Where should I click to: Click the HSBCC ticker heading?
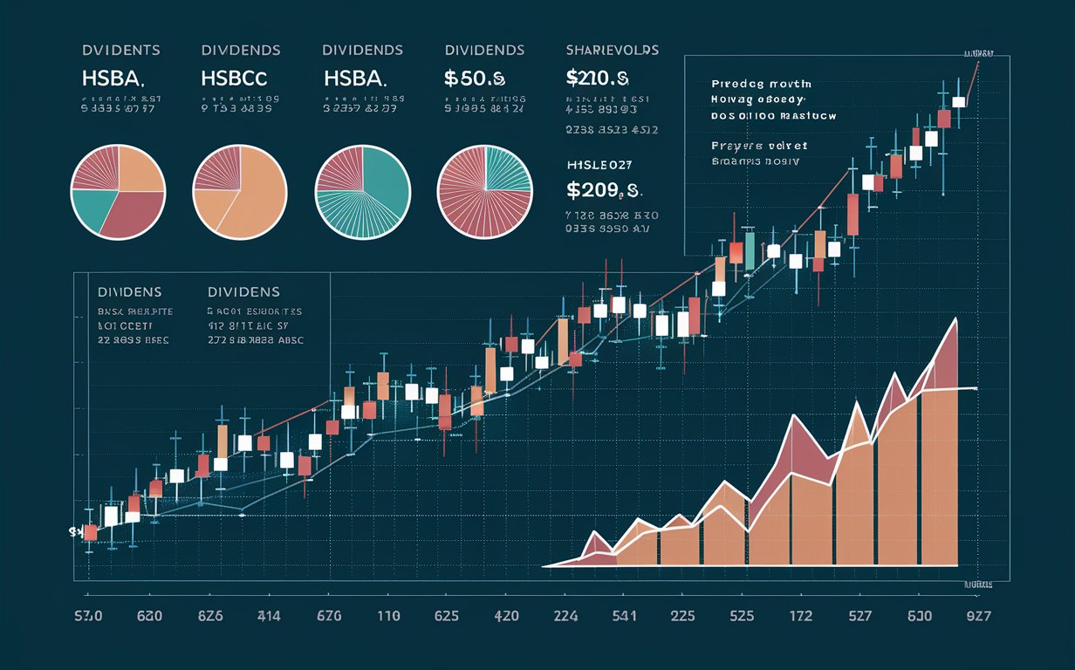(235, 78)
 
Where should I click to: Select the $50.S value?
(475, 78)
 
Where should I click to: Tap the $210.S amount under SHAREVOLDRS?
(597, 78)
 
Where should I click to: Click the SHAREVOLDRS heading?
(612, 50)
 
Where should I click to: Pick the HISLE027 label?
(599, 163)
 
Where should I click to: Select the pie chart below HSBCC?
(240, 191)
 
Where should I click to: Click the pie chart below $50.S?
(485, 191)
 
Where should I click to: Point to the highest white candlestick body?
(959, 101)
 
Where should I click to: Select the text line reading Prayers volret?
(758, 145)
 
